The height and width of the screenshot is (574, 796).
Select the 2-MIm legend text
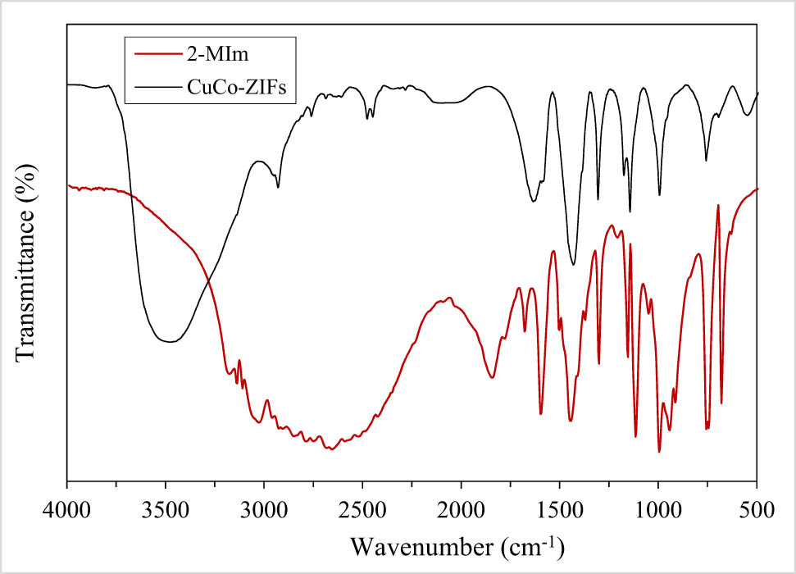pos(213,56)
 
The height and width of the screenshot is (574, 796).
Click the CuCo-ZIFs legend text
pos(236,87)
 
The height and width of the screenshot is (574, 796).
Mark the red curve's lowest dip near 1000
pos(659,452)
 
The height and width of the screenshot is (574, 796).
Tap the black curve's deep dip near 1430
pos(573,265)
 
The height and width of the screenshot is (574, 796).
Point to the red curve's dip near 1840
pos(492,377)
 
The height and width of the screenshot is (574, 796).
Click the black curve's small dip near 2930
pos(278,188)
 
